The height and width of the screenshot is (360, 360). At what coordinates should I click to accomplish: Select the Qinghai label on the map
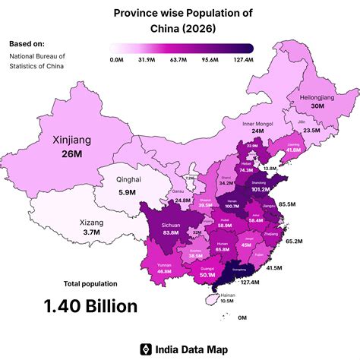pos(128,179)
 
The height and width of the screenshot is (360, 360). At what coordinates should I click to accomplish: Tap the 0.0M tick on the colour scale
pos(117,58)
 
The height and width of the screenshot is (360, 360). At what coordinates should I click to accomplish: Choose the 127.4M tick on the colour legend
pos(243,58)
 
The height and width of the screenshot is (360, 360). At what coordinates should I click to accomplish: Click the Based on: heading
pos(27,43)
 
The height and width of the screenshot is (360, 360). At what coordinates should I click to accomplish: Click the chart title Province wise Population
pos(183,14)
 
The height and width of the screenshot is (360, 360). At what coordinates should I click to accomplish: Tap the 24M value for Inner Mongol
pos(257,131)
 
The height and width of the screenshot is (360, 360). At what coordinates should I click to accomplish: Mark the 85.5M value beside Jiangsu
pos(287,205)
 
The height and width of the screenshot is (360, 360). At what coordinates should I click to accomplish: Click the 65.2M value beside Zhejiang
pos(294,241)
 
